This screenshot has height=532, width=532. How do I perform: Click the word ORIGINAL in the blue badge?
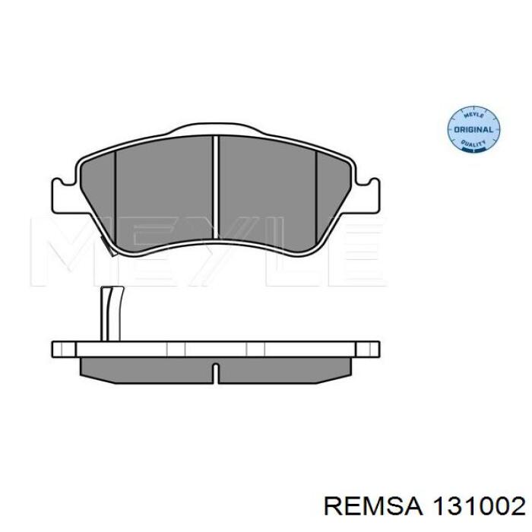point(473,130)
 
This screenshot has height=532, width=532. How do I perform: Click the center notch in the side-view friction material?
point(216,372)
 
